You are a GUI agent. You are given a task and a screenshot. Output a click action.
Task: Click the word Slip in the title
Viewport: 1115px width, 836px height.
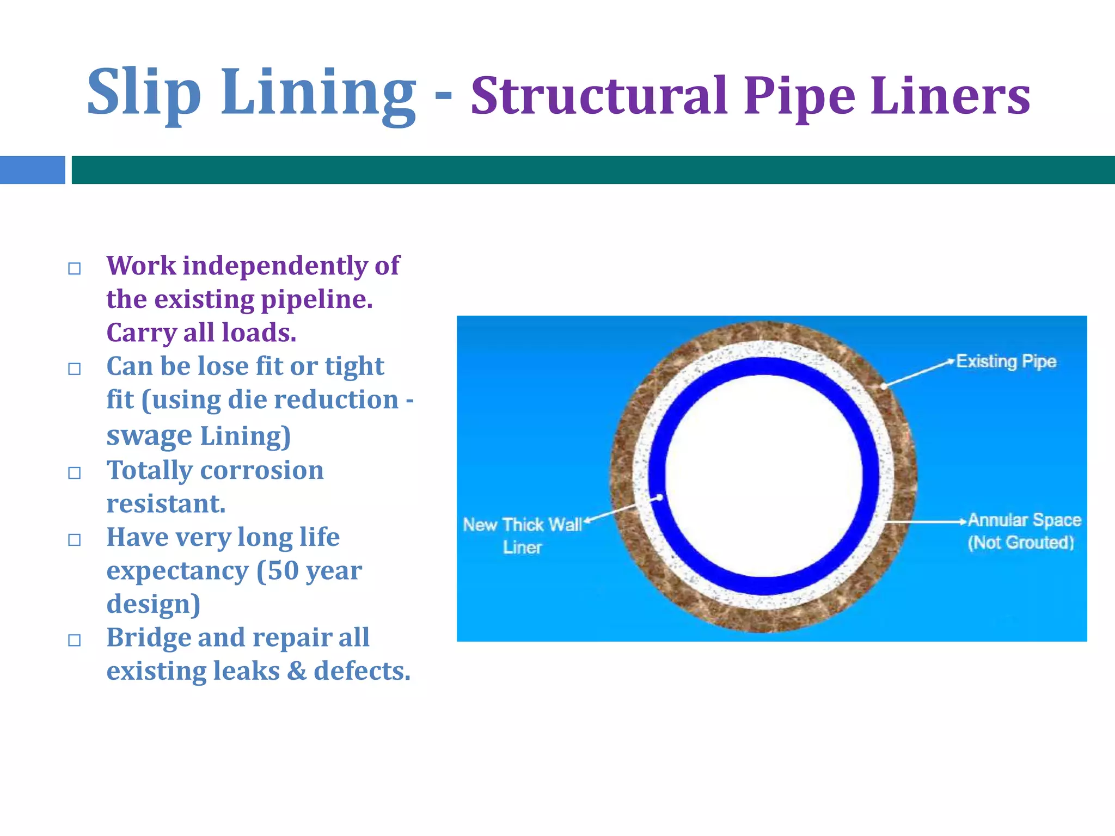pyautogui.click(x=144, y=93)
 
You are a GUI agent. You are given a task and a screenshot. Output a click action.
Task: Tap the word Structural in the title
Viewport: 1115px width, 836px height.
pyautogui.click(x=599, y=96)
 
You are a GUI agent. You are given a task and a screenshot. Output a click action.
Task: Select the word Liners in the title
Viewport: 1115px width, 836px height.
pyautogui.click(x=950, y=96)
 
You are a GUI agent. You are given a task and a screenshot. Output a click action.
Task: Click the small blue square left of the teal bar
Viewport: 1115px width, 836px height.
pyautogui.click(x=32, y=170)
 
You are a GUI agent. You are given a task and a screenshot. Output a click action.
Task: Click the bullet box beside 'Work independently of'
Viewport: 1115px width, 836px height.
pyautogui.click(x=75, y=268)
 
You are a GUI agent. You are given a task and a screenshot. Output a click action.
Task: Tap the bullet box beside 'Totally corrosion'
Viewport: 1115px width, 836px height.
pyautogui.click(x=75, y=472)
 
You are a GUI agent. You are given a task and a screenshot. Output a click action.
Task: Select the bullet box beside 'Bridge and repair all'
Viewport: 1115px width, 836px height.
pyautogui.click(x=75, y=640)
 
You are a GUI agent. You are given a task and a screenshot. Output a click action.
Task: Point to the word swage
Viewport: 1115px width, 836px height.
pyautogui.click(x=149, y=435)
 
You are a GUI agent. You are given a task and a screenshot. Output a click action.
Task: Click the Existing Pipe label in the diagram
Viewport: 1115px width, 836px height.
pyautogui.click(x=1006, y=361)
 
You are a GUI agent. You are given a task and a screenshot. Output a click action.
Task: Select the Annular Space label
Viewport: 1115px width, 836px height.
pyautogui.click(x=1024, y=520)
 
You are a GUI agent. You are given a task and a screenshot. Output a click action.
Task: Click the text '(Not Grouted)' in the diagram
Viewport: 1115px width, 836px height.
pyautogui.click(x=1021, y=543)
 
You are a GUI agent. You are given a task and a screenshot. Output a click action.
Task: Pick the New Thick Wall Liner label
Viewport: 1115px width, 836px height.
pyautogui.click(x=522, y=535)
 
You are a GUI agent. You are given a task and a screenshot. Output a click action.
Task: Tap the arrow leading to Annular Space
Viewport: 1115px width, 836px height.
pyautogui.click(x=926, y=521)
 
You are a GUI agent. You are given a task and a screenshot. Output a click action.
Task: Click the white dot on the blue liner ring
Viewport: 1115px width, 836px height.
pyautogui.click(x=659, y=497)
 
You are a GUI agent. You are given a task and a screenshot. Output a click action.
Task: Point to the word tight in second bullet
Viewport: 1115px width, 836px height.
pyautogui.click(x=354, y=366)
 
